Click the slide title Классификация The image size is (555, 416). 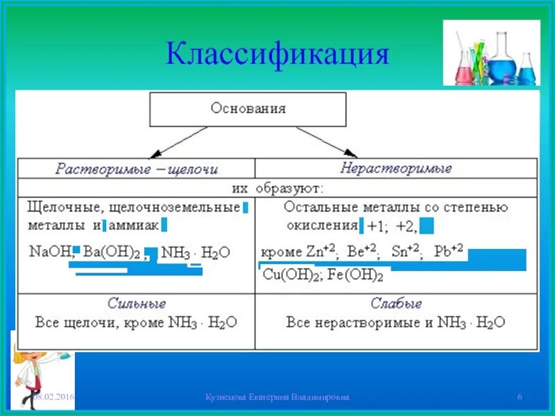(277, 54)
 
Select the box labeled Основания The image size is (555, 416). (248, 109)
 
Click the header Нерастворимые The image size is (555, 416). (396, 168)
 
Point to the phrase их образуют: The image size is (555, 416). (277, 188)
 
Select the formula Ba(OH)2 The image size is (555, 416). (111, 252)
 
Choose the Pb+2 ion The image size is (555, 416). (448, 252)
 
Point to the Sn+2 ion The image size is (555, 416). (406, 252)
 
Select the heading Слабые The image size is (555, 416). (395, 304)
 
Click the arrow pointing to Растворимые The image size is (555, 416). (170, 144)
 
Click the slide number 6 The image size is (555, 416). (520, 397)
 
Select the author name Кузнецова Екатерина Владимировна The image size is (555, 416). (277, 397)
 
